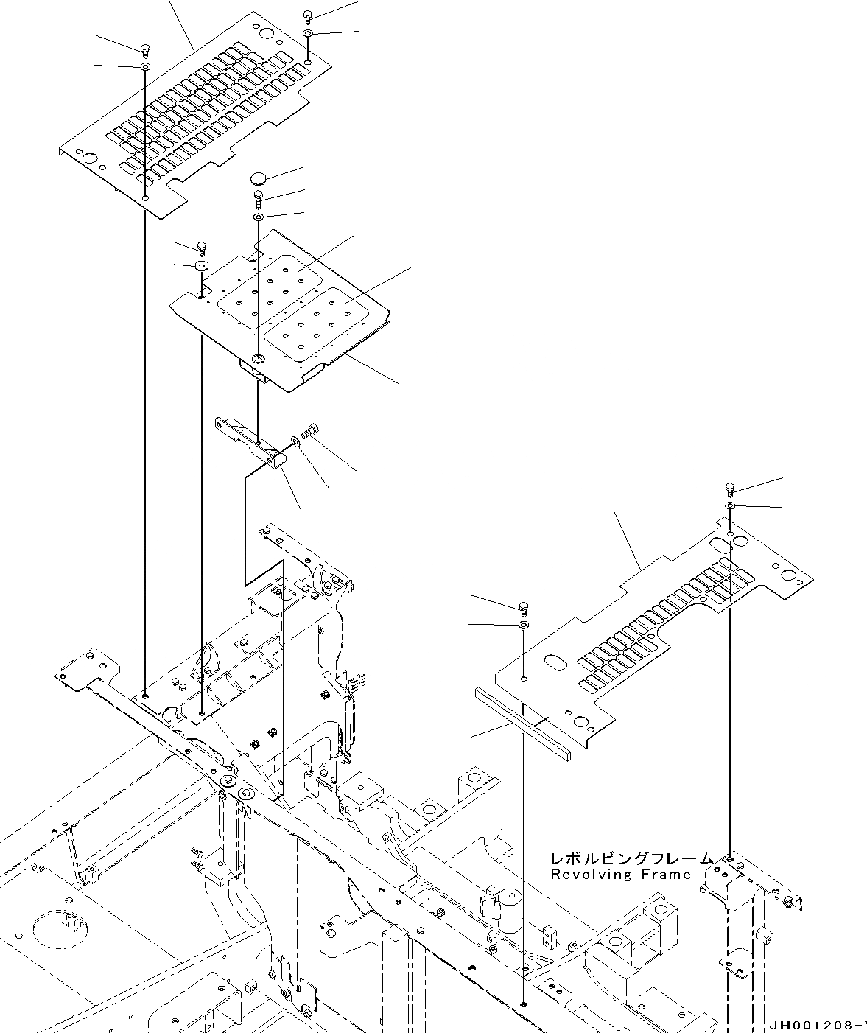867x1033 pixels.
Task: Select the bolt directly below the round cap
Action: (x=259, y=197)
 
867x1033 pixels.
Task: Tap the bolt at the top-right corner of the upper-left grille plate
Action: (x=307, y=17)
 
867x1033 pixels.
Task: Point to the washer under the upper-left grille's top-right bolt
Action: (x=307, y=34)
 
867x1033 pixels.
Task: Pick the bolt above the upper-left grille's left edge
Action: (x=146, y=49)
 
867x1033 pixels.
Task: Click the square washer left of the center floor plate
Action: (x=200, y=265)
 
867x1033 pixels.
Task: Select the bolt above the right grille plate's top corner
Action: (x=729, y=489)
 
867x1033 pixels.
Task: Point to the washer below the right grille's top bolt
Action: (x=729, y=505)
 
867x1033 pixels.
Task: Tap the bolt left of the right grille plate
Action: (x=524, y=607)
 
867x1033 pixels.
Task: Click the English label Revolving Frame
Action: (x=621, y=875)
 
